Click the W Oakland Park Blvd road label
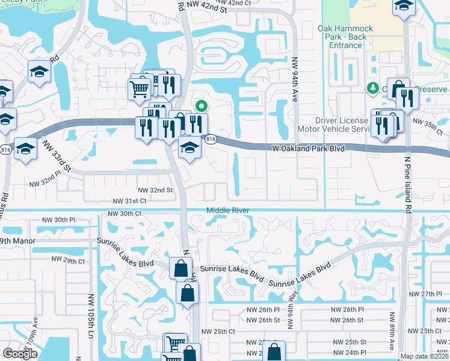point(308,147)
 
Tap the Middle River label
point(228,210)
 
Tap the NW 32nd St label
point(155,190)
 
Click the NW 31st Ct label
point(129,200)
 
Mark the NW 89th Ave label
point(391,331)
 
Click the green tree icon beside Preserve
point(372,88)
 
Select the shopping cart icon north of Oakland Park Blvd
point(139,89)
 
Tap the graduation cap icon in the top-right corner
point(403,7)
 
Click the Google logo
point(20,354)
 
